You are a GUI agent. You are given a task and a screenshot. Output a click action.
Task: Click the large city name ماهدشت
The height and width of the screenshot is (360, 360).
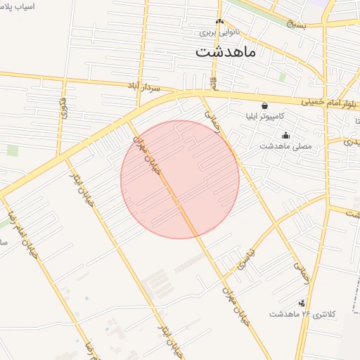click(x=225, y=52)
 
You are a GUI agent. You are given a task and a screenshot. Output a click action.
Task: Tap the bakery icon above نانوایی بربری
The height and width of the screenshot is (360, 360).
click(x=219, y=21)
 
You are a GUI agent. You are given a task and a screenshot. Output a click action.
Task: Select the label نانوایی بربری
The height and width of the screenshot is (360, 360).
click(x=219, y=32)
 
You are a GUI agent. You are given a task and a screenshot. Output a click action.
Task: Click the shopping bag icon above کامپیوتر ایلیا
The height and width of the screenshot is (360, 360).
click(x=264, y=105)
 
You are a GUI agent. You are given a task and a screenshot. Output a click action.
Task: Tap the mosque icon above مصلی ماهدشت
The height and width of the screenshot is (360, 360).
click(x=285, y=136)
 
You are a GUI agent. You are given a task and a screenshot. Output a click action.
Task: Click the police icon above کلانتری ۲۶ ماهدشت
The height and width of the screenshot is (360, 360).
click(x=302, y=303)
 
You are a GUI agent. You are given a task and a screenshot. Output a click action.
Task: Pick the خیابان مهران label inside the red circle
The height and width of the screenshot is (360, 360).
click(x=148, y=160)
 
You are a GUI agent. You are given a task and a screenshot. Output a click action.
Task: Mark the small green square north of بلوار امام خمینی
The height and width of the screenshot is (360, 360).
click(x=282, y=77)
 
